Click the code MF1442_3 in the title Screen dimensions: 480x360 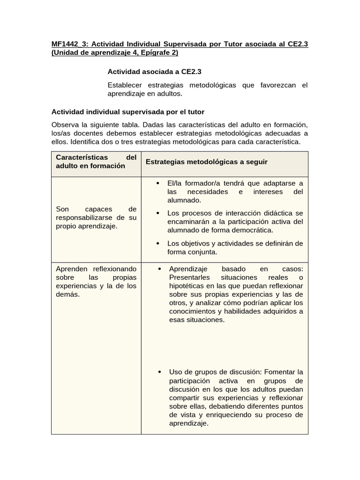click(70, 44)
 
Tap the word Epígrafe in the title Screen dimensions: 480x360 click(147, 53)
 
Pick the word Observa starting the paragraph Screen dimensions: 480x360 click(65, 124)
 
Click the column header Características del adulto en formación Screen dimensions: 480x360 click(96, 161)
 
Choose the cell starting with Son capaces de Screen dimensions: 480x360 click(96, 217)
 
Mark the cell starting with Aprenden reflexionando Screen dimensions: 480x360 click(96, 281)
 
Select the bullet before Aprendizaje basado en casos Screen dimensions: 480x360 click(159, 269)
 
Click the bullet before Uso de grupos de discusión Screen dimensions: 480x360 click(159, 372)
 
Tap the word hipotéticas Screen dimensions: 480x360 click(187, 286)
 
